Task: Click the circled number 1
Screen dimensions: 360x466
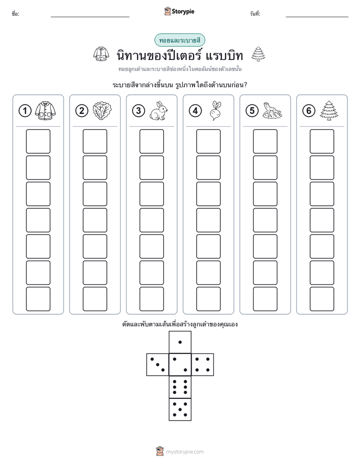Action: [x=25, y=111]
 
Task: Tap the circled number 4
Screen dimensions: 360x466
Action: [x=195, y=111]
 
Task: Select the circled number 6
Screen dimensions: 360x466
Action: [x=309, y=111]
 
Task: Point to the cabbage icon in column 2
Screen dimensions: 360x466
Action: [x=102, y=111]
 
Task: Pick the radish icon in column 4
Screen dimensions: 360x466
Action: [x=216, y=110]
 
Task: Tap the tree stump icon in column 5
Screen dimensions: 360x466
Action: [x=272, y=111]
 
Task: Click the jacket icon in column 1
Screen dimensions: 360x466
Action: [x=45, y=110]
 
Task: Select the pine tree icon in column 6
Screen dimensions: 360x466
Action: [x=329, y=110]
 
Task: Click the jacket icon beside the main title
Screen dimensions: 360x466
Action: [x=101, y=54]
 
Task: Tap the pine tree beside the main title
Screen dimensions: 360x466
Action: [x=258, y=54]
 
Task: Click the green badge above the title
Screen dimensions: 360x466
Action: [x=179, y=40]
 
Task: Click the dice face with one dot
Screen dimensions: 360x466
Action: [x=180, y=342]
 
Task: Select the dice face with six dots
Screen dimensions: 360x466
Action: [x=180, y=387]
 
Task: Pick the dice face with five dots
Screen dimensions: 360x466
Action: [x=180, y=410]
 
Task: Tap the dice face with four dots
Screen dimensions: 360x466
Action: [x=203, y=365]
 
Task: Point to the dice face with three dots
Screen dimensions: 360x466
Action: [x=157, y=365]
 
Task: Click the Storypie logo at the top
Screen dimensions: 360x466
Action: [x=179, y=11]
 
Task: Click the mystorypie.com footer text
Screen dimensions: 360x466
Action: [x=185, y=452]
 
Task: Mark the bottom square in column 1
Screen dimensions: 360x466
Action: [x=38, y=299]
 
